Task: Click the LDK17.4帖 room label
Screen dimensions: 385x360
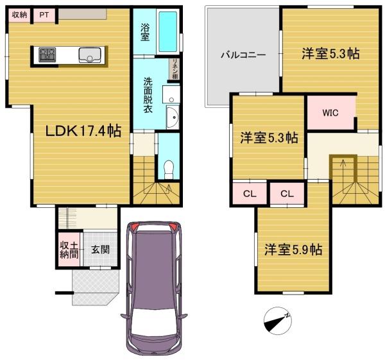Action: (x=83, y=131)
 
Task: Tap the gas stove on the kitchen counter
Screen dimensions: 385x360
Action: (x=47, y=55)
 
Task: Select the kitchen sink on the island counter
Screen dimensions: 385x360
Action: (x=90, y=55)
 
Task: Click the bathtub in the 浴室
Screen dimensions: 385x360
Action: (x=167, y=31)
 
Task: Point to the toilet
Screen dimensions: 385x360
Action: (x=168, y=169)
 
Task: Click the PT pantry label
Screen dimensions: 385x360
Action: (x=44, y=15)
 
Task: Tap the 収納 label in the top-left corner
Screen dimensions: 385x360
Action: (x=19, y=15)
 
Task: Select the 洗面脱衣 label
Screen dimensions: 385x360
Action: (x=148, y=95)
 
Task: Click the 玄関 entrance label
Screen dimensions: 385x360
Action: (x=100, y=250)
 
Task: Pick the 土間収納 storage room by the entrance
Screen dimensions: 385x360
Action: (x=69, y=250)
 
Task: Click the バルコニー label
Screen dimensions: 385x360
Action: (x=243, y=55)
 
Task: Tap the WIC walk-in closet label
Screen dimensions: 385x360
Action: (x=330, y=113)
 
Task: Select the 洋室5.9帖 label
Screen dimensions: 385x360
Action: (x=293, y=250)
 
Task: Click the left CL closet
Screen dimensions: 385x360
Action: (x=250, y=194)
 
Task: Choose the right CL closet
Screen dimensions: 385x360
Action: (x=287, y=194)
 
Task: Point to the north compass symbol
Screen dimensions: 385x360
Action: (x=278, y=321)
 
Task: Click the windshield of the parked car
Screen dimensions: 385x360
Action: (x=154, y=322)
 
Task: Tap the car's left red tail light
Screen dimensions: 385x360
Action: (x=134, y=226)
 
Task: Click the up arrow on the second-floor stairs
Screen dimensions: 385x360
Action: (x=343, y=164)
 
